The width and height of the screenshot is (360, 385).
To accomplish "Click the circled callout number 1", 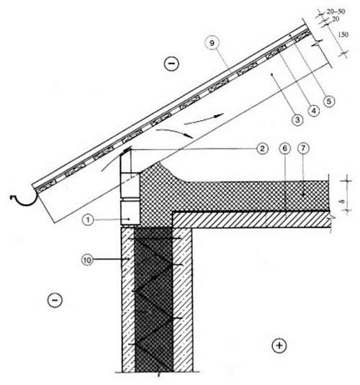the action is pos(89,219).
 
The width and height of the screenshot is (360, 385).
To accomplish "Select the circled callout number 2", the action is pos(262,148).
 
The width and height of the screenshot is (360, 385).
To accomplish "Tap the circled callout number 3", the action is pos(297,120).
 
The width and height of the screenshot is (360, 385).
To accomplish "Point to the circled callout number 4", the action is pos(313,111).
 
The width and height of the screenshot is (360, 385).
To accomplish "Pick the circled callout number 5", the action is pos(329,101).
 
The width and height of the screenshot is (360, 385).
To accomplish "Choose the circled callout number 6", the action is pos(285,148).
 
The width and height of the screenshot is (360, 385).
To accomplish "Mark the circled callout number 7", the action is pos(303,148).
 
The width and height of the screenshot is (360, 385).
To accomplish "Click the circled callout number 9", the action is pos(212,43).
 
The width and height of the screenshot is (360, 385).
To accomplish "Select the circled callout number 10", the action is pos(87,260).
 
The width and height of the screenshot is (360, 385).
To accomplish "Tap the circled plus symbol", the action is pos(279,345).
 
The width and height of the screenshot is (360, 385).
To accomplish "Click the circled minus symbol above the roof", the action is pos(171,63).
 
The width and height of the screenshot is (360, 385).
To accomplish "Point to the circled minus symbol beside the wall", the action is pos(55,300).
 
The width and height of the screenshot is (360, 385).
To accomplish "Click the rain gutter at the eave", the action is pos(24,199).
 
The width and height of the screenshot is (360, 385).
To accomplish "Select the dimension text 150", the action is pos(343,35).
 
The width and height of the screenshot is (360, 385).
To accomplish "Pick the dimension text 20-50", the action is pos(336,12).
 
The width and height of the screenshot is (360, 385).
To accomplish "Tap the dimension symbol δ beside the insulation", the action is pos(343,201).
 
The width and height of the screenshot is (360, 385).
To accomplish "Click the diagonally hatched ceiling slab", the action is pos(251,219).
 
